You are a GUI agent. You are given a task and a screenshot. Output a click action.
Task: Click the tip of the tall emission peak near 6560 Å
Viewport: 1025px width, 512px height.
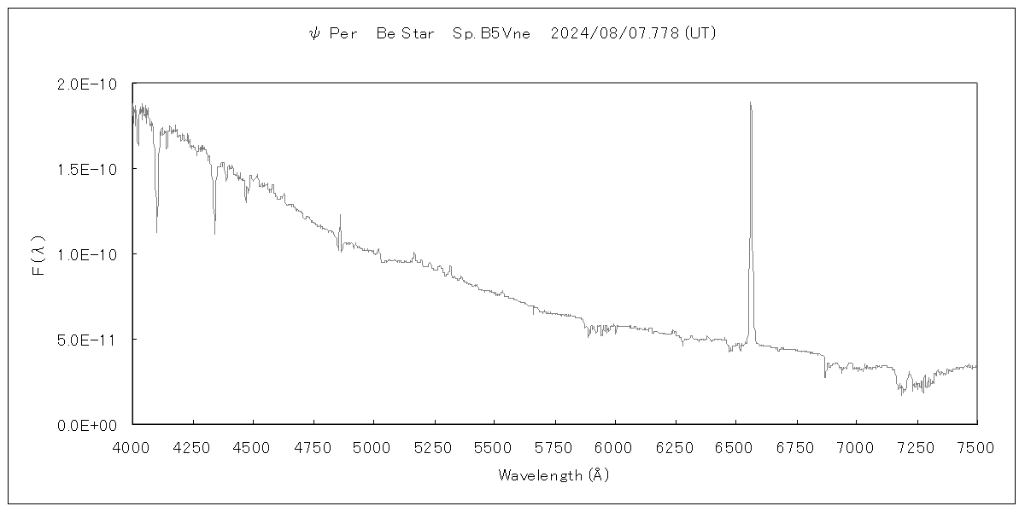pyautogui.click(x=750, y=102)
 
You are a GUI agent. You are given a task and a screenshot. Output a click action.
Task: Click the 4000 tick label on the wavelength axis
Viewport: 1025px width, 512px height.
pyautogui.click(x=132, y=446)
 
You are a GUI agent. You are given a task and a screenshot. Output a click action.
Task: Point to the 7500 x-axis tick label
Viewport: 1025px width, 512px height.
pyautogui.click(x=977, y=446)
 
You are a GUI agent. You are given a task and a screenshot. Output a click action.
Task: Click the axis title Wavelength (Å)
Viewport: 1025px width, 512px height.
pyautogui.click(x=553, y=475)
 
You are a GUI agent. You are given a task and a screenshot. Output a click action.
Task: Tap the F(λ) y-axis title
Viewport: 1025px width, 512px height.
pyautogui.click(x=38, y=254)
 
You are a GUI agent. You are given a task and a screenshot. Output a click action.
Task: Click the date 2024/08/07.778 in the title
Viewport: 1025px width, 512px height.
pyautogui.click(x=615, y=34)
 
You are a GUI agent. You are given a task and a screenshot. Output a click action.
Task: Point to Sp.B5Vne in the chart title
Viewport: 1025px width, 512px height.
pyautogui.click(x=491, y=34)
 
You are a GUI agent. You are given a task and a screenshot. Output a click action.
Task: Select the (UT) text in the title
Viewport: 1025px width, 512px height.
pyautogui.click(x=700, y=34)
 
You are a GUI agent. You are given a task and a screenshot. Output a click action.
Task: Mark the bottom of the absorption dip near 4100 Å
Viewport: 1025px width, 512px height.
pyautogui.click(x=156, y=231)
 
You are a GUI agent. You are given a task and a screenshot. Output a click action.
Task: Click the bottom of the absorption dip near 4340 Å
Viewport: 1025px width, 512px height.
pyautogui.click(x=214, y=233)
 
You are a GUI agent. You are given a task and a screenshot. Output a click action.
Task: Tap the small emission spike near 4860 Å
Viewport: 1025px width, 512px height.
pyautogui.click(x=340, y=215)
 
